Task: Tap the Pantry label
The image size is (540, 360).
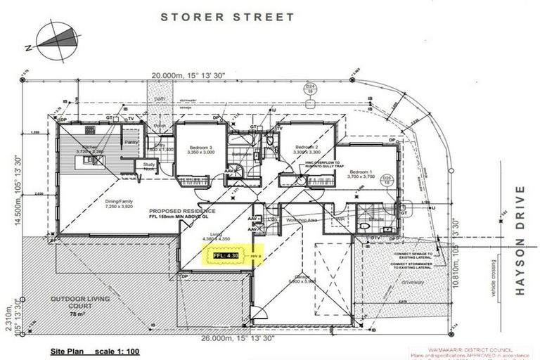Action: tap(131, 141)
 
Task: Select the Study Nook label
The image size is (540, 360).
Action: tap(148, 167)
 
